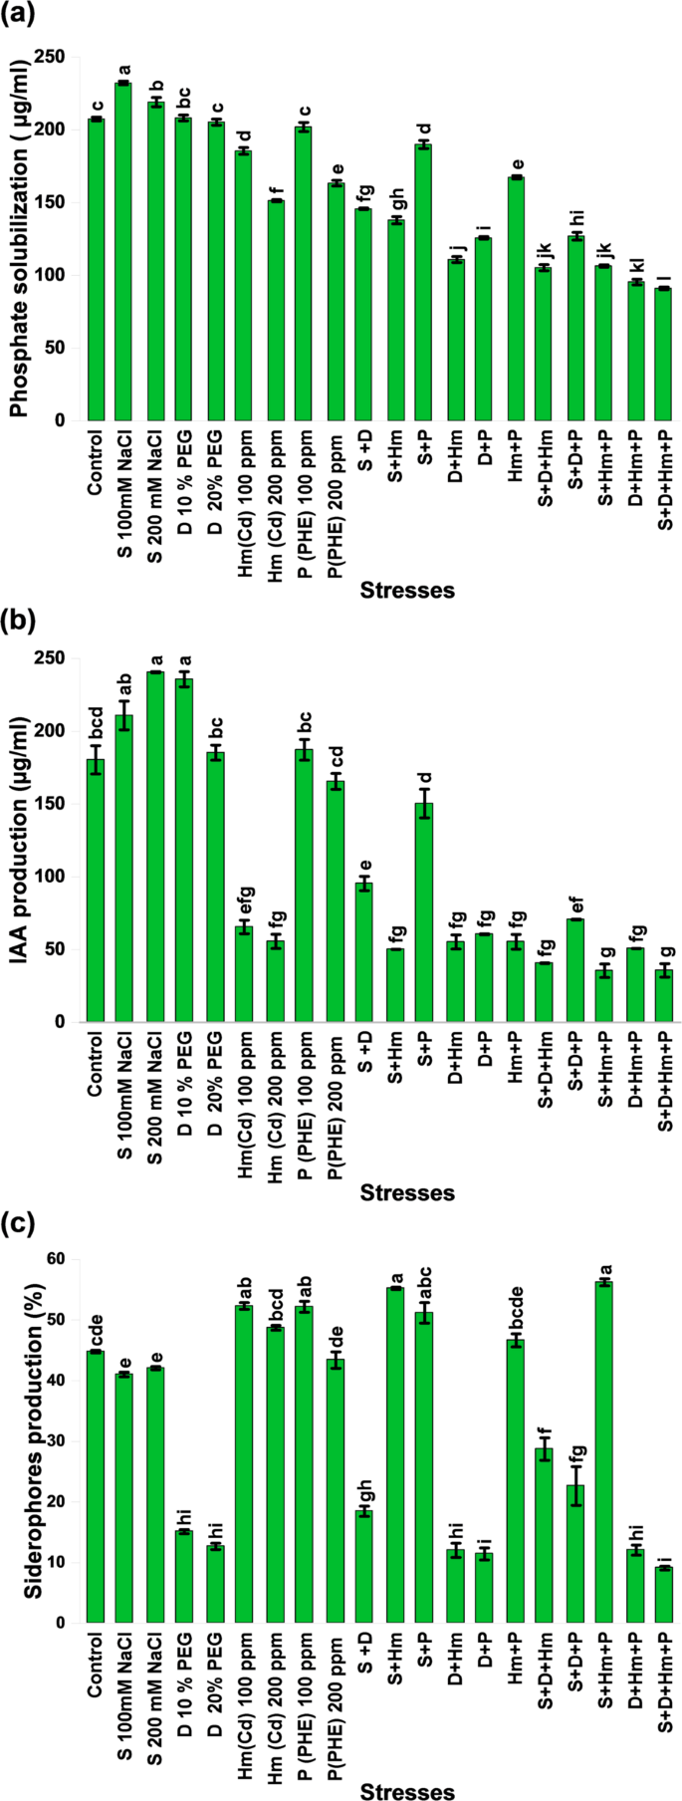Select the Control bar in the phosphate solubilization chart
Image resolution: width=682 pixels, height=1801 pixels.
[x=96, y=269]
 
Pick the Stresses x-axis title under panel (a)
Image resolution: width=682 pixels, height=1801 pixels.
[x=407, y=591]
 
